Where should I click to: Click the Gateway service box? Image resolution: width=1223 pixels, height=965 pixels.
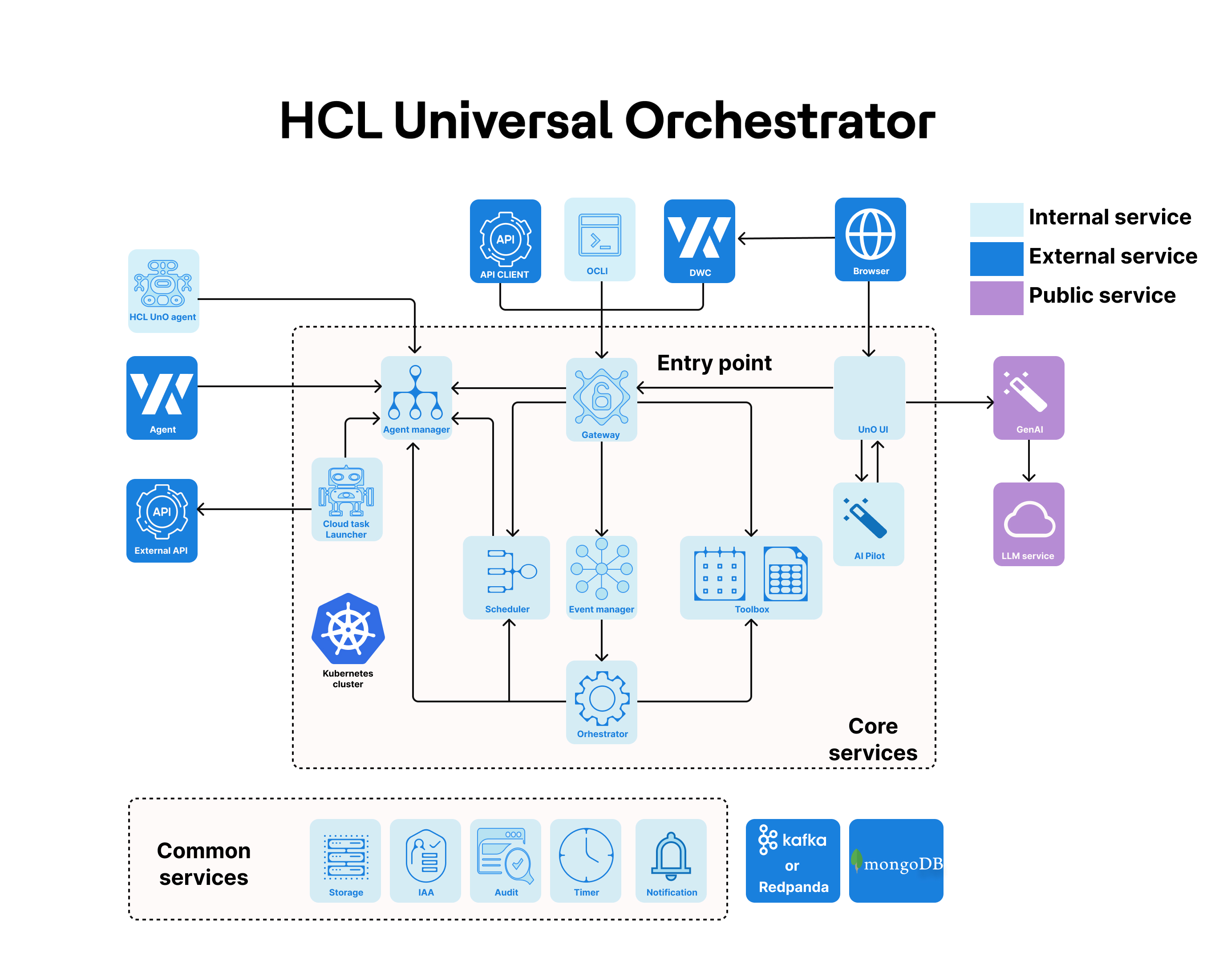(x=601, y=399)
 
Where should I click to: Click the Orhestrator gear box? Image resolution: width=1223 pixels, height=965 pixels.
(x=602, y=701)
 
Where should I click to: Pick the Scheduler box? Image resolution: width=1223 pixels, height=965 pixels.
(x=506, y=577)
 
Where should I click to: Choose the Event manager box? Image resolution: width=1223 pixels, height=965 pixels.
(x=602, y=577)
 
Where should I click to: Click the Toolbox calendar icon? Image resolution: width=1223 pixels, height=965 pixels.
(x=719, y=573)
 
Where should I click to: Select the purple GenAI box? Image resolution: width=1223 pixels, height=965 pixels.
(x=1028, y=397)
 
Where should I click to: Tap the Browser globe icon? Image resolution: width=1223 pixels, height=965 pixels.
(x=870, y=233)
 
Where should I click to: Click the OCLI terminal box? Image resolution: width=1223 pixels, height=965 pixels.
(x=599, y=239)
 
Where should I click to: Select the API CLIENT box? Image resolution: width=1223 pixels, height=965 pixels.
(x=505, y=241)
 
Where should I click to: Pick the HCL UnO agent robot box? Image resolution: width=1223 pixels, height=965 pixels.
(x=163, y=290)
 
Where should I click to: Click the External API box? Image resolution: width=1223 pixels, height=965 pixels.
(x=162, y=520)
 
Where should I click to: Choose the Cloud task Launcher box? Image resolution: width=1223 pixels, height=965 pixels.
(x=347, y=499)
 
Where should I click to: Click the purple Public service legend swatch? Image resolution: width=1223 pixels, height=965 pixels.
(x=996, y=297)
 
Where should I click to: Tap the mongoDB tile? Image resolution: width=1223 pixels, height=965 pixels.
(x=895, y=860)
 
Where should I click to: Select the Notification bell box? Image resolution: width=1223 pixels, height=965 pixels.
(x=671, y=860)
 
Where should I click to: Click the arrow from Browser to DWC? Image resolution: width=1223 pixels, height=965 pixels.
(x=785, y=238)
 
